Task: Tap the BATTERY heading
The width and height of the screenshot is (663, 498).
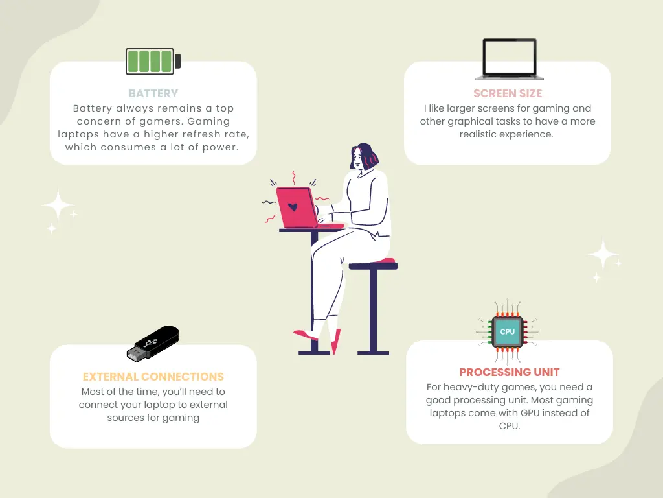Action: [153, 93]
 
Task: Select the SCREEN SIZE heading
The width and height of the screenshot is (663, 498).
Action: [508, 93]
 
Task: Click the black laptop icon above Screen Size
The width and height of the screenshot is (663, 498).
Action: [510, 59]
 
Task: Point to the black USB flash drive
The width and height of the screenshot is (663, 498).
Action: [153, 344]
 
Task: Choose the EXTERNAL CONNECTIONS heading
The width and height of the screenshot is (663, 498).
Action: [153, 377]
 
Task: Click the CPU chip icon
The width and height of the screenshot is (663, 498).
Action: [508, 332]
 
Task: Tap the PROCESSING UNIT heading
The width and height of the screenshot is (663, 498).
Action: [510, 372]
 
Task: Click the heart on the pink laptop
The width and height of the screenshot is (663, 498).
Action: [293, 207]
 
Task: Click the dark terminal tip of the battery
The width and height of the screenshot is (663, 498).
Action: [178, 61]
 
